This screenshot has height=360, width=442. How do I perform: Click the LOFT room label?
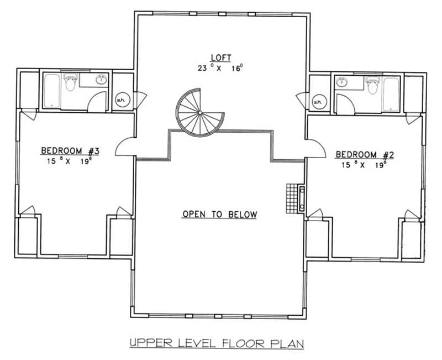tap(220, 57)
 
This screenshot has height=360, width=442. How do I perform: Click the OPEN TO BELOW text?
tap(220, 215)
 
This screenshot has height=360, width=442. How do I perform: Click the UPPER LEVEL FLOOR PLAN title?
tap(217, 343)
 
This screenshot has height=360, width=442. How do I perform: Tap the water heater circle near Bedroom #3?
tap(121, 100)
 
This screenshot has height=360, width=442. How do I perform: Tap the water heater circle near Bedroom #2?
tap(318, 102)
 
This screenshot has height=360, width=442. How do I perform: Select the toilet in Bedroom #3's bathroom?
tap(70, 84)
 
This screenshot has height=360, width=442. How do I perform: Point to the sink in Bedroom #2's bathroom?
tap(341, 82)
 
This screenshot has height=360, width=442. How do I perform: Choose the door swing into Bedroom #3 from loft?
tap(126, 148)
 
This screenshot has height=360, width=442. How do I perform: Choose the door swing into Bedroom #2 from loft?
tap(315, 148)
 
